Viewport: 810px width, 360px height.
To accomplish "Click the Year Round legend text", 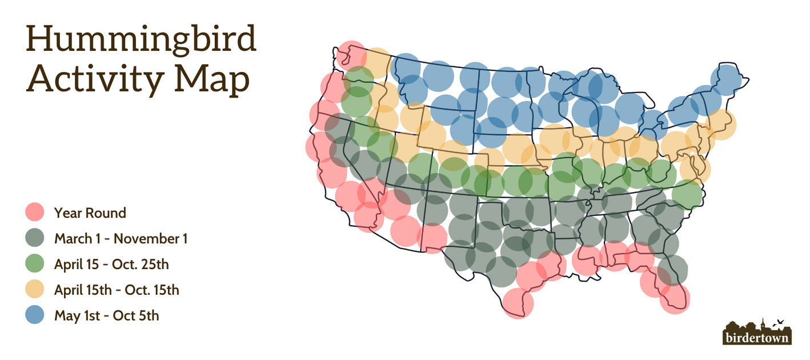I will tap(90, 213).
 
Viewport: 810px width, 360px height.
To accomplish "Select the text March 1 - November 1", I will tap(121, 238).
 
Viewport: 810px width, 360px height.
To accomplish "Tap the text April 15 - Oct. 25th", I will tap(111, 264).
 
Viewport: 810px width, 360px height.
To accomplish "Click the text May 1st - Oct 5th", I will tap(106, 315).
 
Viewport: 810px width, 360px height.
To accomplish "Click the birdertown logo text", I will tap(757, 338).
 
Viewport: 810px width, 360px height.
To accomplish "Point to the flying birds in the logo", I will tap(777, 323).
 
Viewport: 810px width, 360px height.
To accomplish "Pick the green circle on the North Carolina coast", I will tap(687, 195).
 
